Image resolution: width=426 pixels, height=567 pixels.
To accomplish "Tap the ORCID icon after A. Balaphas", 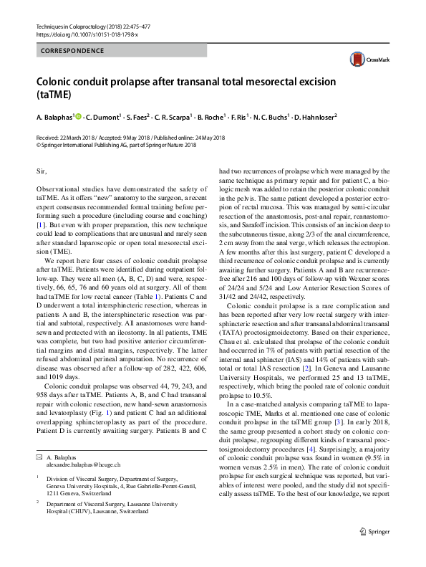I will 78,115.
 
